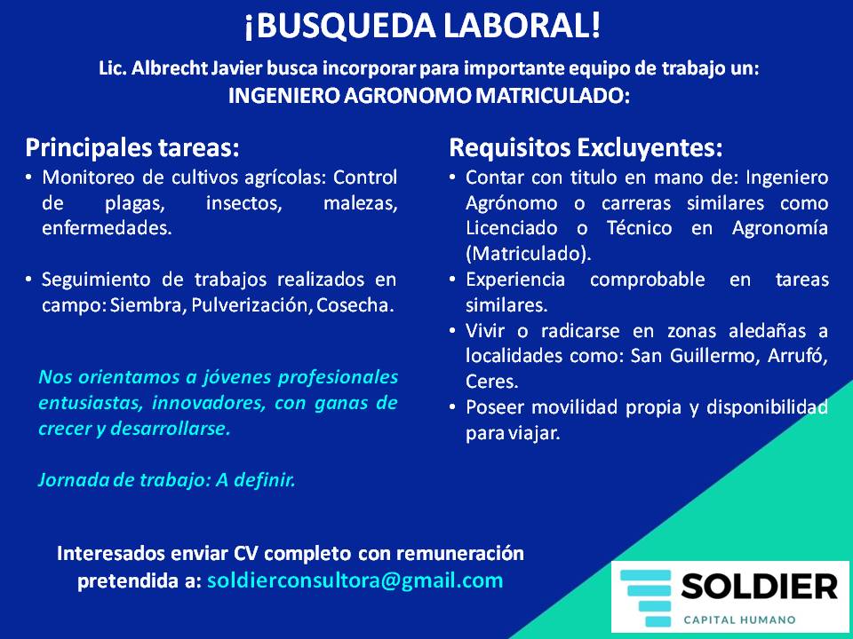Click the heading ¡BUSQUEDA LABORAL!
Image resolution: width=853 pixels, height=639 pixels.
coord(423,26)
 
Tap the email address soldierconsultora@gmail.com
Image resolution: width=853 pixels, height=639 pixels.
coord(355,580)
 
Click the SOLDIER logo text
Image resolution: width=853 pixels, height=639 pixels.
coord(759,587)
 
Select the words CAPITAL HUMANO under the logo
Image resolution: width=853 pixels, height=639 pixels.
coord(739,619)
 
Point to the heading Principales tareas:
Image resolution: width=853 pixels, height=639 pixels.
coord(132,148)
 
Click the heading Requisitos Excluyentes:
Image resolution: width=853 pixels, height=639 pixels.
coord(586,148)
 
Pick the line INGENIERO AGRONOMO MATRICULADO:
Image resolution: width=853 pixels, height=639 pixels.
coord(429,96)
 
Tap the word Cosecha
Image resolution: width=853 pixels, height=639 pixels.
coord(355,305)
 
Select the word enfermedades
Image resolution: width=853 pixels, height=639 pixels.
coord(107,228)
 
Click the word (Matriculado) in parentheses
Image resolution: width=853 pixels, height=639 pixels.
coord(528,254)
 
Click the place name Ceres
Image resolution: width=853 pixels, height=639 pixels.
coord(491,382)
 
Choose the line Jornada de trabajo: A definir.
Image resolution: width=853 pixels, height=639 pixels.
coord(167,480)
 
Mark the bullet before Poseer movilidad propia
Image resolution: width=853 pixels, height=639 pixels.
coord(452,407)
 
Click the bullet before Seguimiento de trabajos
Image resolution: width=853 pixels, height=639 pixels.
coord(28,280)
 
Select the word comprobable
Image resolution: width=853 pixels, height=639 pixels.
coord(648,280)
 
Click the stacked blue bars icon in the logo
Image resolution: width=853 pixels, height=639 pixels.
coord(646,597)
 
